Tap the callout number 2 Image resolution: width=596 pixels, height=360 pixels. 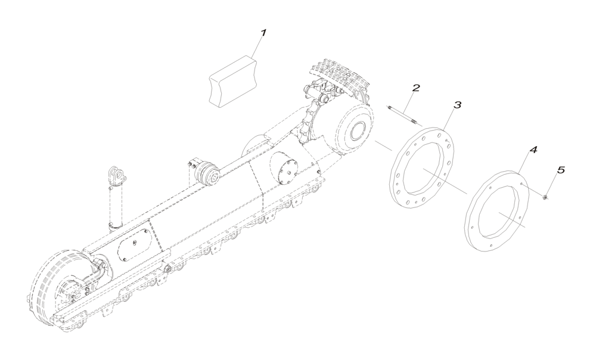[x=415, y=88]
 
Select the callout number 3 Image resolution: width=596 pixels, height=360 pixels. [x=457, y=105]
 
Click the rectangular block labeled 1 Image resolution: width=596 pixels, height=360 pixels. [x=232, y=80]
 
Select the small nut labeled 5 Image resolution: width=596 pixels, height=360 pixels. [x=545, y=197]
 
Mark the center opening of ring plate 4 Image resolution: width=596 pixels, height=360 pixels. [x=498, y=213]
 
